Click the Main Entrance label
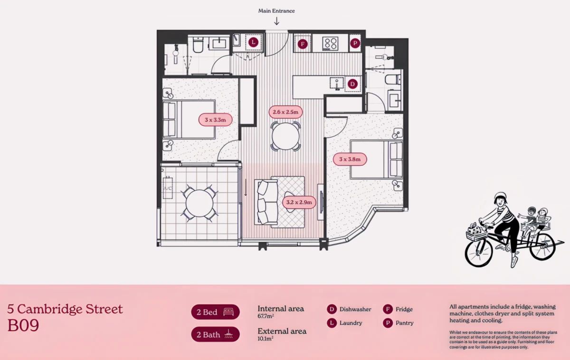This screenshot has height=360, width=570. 276,10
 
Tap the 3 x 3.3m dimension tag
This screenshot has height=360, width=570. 215,120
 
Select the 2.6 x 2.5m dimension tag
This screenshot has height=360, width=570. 285,112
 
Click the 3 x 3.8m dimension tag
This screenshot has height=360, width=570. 350,159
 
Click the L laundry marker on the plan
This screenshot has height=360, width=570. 254,42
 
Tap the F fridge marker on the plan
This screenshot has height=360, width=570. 302,45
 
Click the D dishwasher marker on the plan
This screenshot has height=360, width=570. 352,84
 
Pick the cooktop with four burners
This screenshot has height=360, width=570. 330,44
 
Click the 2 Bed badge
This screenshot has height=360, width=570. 215,312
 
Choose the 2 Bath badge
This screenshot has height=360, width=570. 215,334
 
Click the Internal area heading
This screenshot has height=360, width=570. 281,309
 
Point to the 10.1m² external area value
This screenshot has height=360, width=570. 266,339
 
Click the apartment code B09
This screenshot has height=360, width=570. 23,325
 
